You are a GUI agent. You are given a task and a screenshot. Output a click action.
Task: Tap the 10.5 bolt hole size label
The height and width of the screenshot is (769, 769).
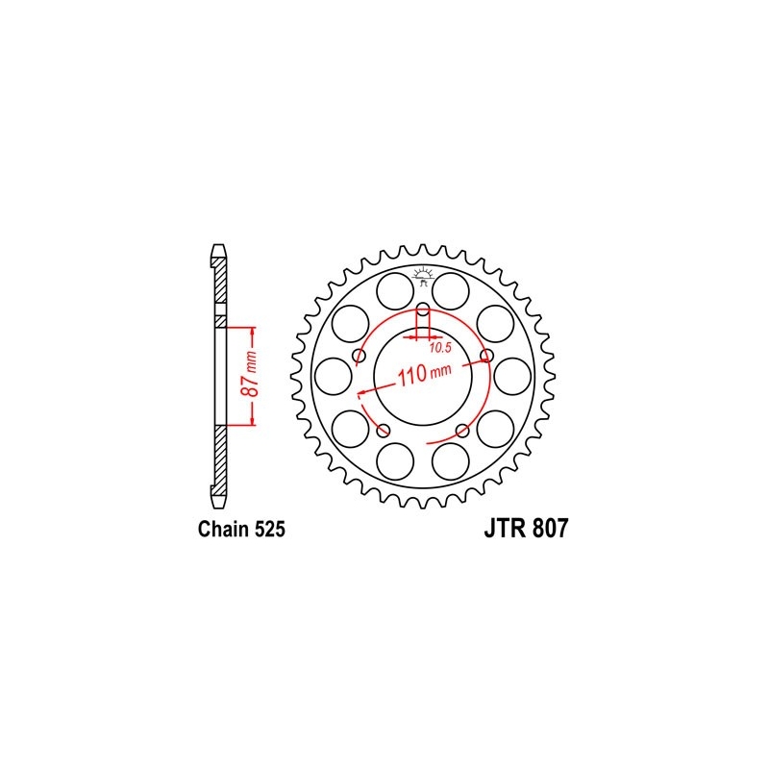440,346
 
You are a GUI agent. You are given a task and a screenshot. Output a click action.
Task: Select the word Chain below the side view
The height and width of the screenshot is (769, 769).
220,529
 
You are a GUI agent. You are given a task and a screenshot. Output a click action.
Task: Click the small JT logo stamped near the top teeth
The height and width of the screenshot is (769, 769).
423,277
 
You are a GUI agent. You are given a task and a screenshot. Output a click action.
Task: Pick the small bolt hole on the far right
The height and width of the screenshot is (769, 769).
486,357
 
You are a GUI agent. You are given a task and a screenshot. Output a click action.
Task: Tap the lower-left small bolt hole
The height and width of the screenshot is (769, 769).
384,429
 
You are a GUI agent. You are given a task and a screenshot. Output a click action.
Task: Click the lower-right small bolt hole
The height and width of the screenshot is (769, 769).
462,429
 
